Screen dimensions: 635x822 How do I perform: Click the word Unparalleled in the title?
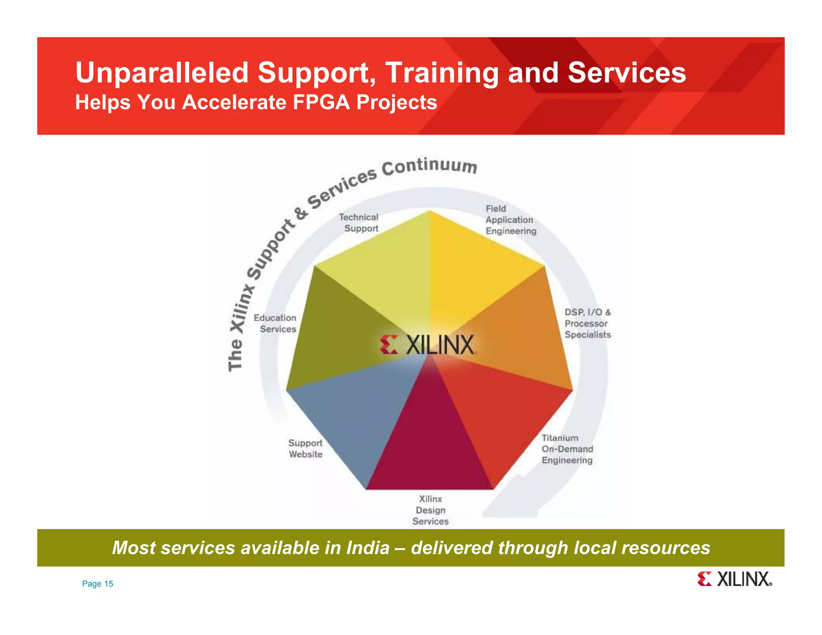pyautogui.click(x=162, y=73)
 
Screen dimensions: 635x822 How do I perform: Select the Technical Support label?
pyautogui.click(x=359, y=223)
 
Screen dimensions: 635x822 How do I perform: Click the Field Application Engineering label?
pyautogui.click(x=510, y=220)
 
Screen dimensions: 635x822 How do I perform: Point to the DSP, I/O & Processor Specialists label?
pyautogui.click(x=587, y=323)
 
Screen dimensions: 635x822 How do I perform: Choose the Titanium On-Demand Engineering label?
pyautogui.click(x=567, y=449)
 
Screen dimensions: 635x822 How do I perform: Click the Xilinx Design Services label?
pyautogui.click(x=430, y=510)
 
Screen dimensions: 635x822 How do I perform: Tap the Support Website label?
pyautogui.click(x=305, y=449)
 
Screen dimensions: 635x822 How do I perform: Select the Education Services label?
pyautogui.click(x=275, y=324)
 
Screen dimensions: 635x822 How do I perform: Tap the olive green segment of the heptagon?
pyautogui.click(x=333, y=329)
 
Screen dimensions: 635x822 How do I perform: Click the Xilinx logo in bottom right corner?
pyautogui.click(x=734, y=579)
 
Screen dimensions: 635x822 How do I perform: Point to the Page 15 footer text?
pyautogui.click(x=98, y=584)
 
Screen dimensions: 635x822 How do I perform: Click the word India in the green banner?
pyautogui.click(x=368, y=548)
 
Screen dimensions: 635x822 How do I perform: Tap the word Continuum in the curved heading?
pyautogui.click(x=429, y=166)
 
